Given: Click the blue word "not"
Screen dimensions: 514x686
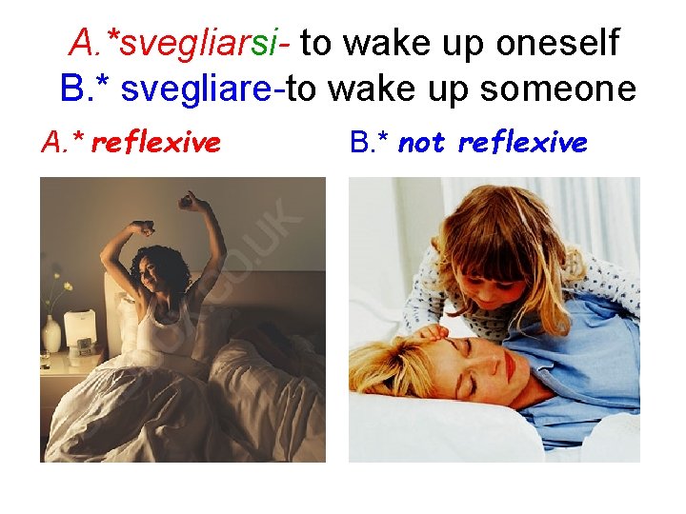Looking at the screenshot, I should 421,143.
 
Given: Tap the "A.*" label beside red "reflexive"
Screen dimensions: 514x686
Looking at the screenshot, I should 62,143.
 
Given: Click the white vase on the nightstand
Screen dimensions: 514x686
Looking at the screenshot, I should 51,333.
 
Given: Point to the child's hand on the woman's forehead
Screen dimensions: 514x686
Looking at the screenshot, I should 434,332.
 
